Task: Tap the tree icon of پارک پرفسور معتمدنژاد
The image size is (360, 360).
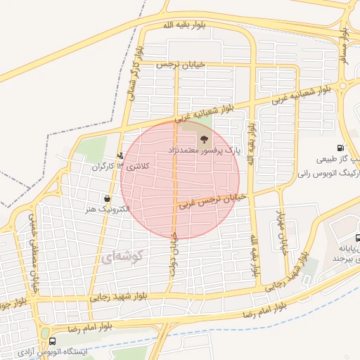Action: pyautogui.click(x=205, y=139)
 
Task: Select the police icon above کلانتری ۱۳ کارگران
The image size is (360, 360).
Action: pyautogui.click(x=120, y=156)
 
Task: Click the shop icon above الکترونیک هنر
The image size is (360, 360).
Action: pyautogui.click(x=106, y=199)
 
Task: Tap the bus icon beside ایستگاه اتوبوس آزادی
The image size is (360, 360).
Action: pyautogui.click(x=45, y=350)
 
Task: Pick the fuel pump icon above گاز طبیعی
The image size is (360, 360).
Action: pyautogui.click(x=341, y=148)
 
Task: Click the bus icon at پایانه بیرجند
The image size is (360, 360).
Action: pyautogui.click(x=358, y=238)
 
